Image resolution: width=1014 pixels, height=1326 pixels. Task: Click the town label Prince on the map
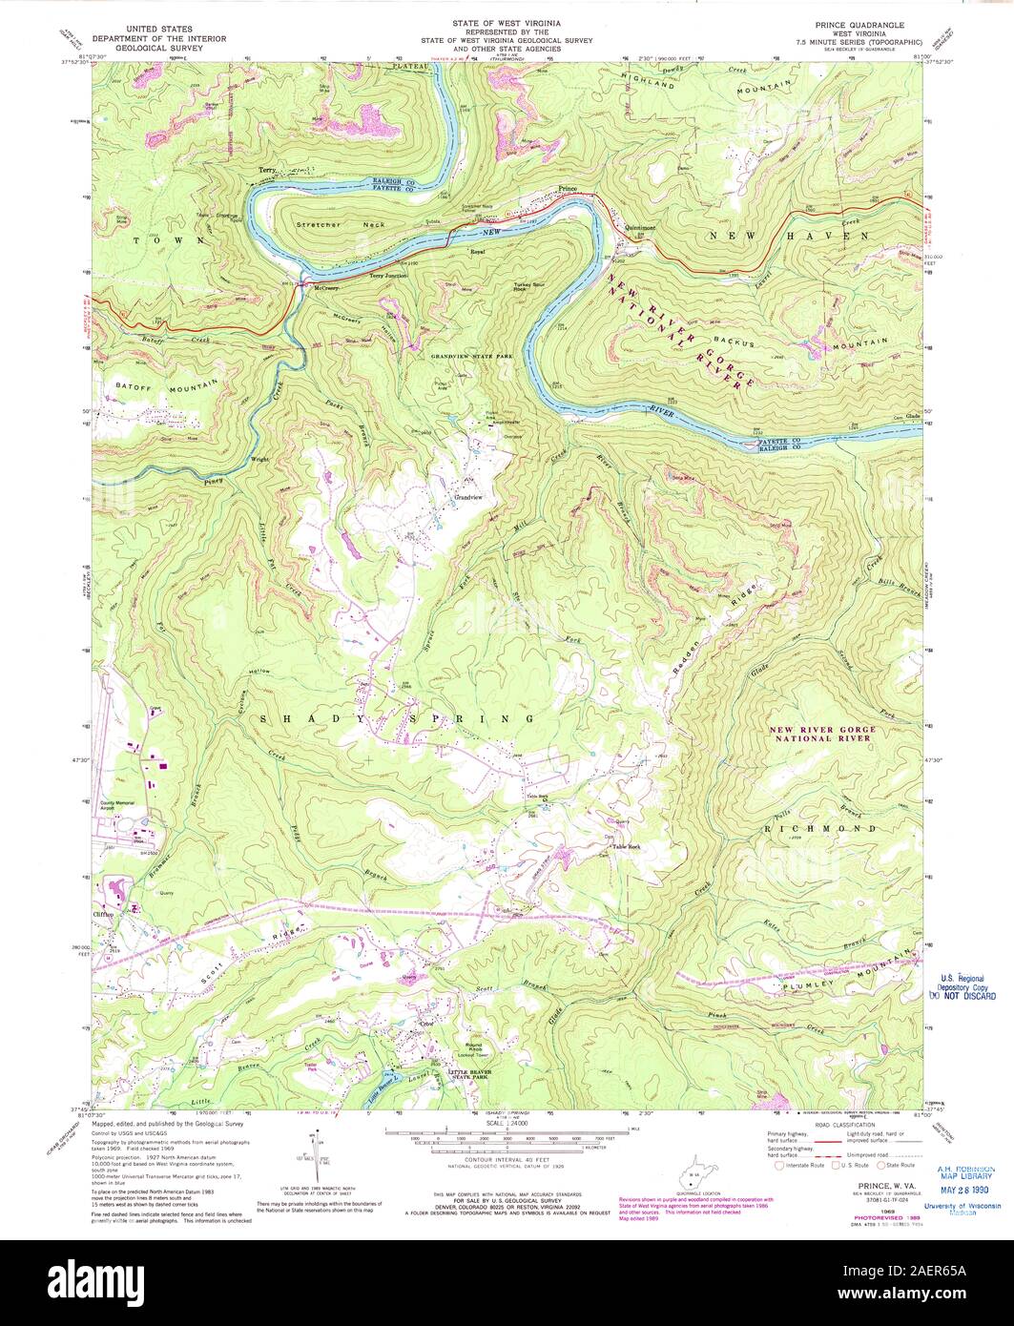pos(569,188)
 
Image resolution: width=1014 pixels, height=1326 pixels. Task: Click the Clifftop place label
pos(105,910)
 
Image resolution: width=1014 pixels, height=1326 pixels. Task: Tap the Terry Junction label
pos(389,276)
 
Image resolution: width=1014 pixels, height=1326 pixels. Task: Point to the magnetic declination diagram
pos(314,1153)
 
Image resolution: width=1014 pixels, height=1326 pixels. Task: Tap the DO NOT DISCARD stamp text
pos(965,996)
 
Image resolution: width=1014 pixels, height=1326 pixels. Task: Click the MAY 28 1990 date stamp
pos(966,1190)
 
